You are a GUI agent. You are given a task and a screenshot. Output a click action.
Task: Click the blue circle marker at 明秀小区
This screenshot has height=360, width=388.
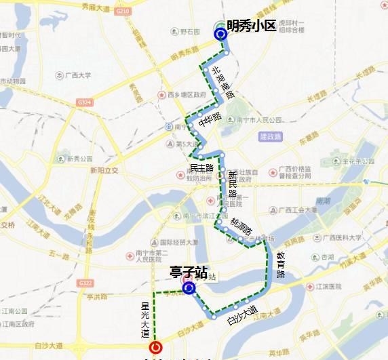(x=220, y=34)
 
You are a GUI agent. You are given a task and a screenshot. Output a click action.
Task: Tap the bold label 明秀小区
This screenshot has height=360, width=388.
(x=252, y=26)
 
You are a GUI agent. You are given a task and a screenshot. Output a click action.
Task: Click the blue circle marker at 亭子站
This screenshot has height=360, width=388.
(x=189, y=288)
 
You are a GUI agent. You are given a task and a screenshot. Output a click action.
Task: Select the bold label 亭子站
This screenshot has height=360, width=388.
(x=188, y=273)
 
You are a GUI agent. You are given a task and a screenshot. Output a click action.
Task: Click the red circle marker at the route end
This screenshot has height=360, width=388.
(x=155, y=347)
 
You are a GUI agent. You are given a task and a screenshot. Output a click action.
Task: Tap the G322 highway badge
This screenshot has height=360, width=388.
(x=85, y=283)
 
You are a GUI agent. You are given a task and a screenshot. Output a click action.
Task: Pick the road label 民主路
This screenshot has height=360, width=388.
(x=201, y=167)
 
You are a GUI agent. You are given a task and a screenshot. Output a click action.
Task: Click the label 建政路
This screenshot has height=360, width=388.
(x=270, y=136)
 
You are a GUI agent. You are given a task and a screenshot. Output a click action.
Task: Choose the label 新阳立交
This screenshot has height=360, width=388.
(x=104, y=171)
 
